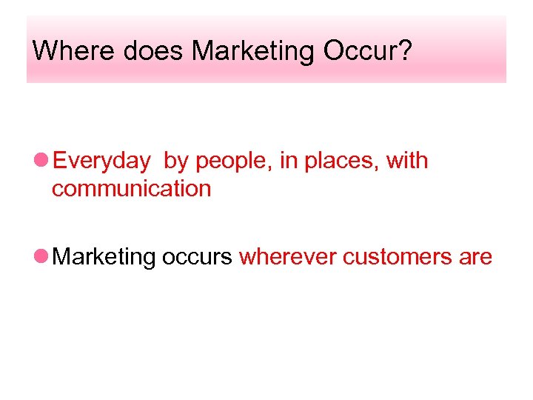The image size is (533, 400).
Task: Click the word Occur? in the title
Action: click(366, 51)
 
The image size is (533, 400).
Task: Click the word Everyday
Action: click(102, 161)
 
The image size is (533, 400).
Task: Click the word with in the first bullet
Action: click(406, 160)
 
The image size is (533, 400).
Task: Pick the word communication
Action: click(132, 189)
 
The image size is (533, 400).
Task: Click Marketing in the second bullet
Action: click(105, 258)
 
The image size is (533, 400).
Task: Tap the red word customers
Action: click(398, 257)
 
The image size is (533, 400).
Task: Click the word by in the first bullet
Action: click(176, 161)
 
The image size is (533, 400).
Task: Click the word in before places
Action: click(287, 160)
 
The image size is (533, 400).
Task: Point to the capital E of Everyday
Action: click(61, 160)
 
